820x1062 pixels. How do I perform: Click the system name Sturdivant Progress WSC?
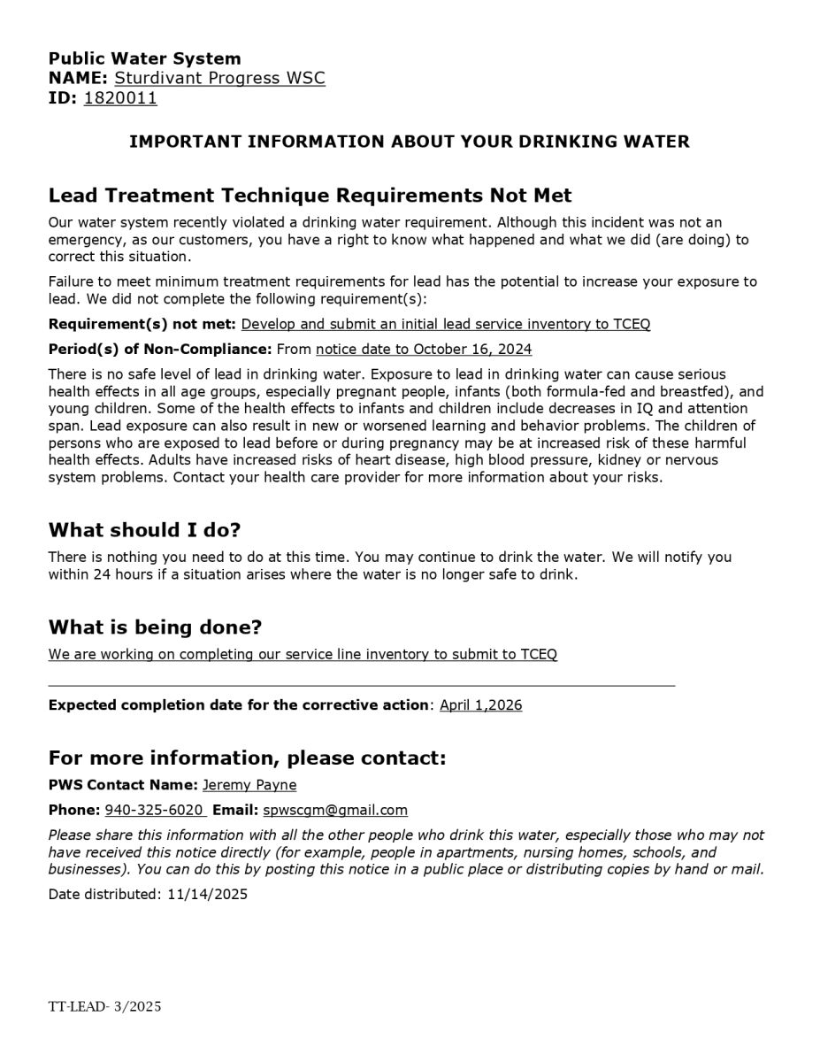coord(219,78)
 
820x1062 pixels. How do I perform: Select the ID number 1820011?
coord(120,97)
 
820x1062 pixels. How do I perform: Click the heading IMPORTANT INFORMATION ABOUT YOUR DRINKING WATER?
coord(410,142)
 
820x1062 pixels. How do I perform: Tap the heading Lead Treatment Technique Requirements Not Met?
coord(310,196)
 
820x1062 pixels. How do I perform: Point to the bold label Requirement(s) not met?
coord(142,324)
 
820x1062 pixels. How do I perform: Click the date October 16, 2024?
coord(472,350)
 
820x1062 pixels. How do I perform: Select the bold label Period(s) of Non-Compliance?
coord(160,350)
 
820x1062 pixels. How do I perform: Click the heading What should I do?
coord(144,530)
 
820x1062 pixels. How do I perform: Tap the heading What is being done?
coord(155,627)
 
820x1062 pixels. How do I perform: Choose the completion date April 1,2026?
coord(480,705)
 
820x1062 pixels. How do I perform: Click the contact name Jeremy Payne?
coord(249,785)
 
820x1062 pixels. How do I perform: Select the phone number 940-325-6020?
coord(155,810)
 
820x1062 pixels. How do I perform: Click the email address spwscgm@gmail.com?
coord(335,810)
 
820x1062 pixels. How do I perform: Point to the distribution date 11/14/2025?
coord(207,894)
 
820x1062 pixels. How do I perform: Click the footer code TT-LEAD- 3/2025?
coord(104,1007)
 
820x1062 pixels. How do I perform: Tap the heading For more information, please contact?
coord(247,758)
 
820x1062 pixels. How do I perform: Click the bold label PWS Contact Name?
coord(123,785)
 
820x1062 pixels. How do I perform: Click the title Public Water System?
coord(144,58)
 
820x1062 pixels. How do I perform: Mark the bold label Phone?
coord(74,810)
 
